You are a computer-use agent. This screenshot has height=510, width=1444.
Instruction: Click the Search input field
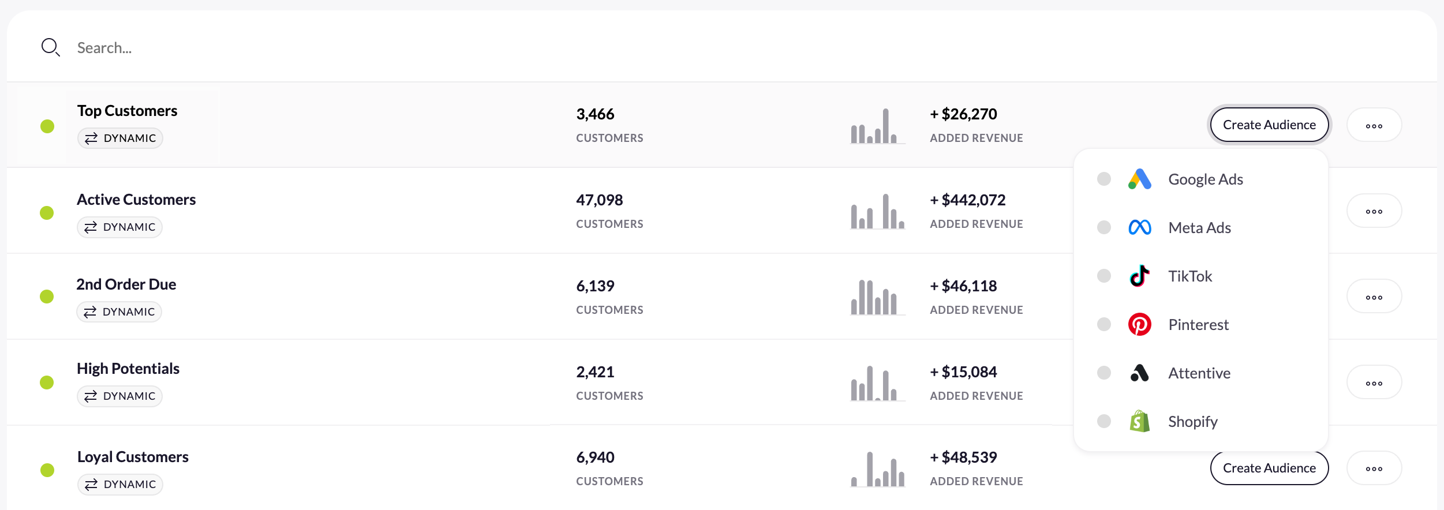click(x=346, y=48)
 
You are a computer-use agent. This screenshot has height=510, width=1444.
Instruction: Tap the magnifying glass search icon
click(x=50, y=47)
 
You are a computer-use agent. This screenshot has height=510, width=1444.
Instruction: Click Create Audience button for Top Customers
click(x=1269, y=125)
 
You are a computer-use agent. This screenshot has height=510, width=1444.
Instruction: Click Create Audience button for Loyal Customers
click(x=1269, y=468)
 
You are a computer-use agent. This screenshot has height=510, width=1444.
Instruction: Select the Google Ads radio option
click(x=1103, y=179)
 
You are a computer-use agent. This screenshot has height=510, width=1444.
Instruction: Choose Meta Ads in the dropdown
click(x=1199, y=228)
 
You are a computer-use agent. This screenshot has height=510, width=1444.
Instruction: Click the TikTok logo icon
click(x=1139, y=276)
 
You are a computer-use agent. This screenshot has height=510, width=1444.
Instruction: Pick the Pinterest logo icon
click(x=1139, y=325)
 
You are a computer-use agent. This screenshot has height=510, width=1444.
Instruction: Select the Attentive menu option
click(x=1199, y=373)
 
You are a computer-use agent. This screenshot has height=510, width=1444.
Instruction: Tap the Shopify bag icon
click(x=1139, y=422)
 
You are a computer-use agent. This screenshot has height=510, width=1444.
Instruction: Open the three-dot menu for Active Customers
click(x=1374, y=212)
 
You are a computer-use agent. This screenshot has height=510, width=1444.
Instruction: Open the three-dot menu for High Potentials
click(x=1374, y=383)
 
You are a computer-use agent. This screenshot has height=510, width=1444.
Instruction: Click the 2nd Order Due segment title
click(x=126, y=284)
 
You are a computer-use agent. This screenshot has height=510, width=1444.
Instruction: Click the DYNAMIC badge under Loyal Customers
click(x=120, y=484)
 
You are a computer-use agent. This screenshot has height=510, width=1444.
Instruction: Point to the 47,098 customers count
click(x=599, y=200)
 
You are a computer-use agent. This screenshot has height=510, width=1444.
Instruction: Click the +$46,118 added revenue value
click(x=963, y=286)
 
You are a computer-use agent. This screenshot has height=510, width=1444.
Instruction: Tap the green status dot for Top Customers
click(x=47, y=126)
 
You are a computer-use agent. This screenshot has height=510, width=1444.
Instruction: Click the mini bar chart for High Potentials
click(x=877, y=383)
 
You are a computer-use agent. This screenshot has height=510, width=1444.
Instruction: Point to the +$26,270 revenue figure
click(x=963, y=114)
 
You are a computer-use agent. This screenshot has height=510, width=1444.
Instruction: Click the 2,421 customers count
click(x=595, y=372)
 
